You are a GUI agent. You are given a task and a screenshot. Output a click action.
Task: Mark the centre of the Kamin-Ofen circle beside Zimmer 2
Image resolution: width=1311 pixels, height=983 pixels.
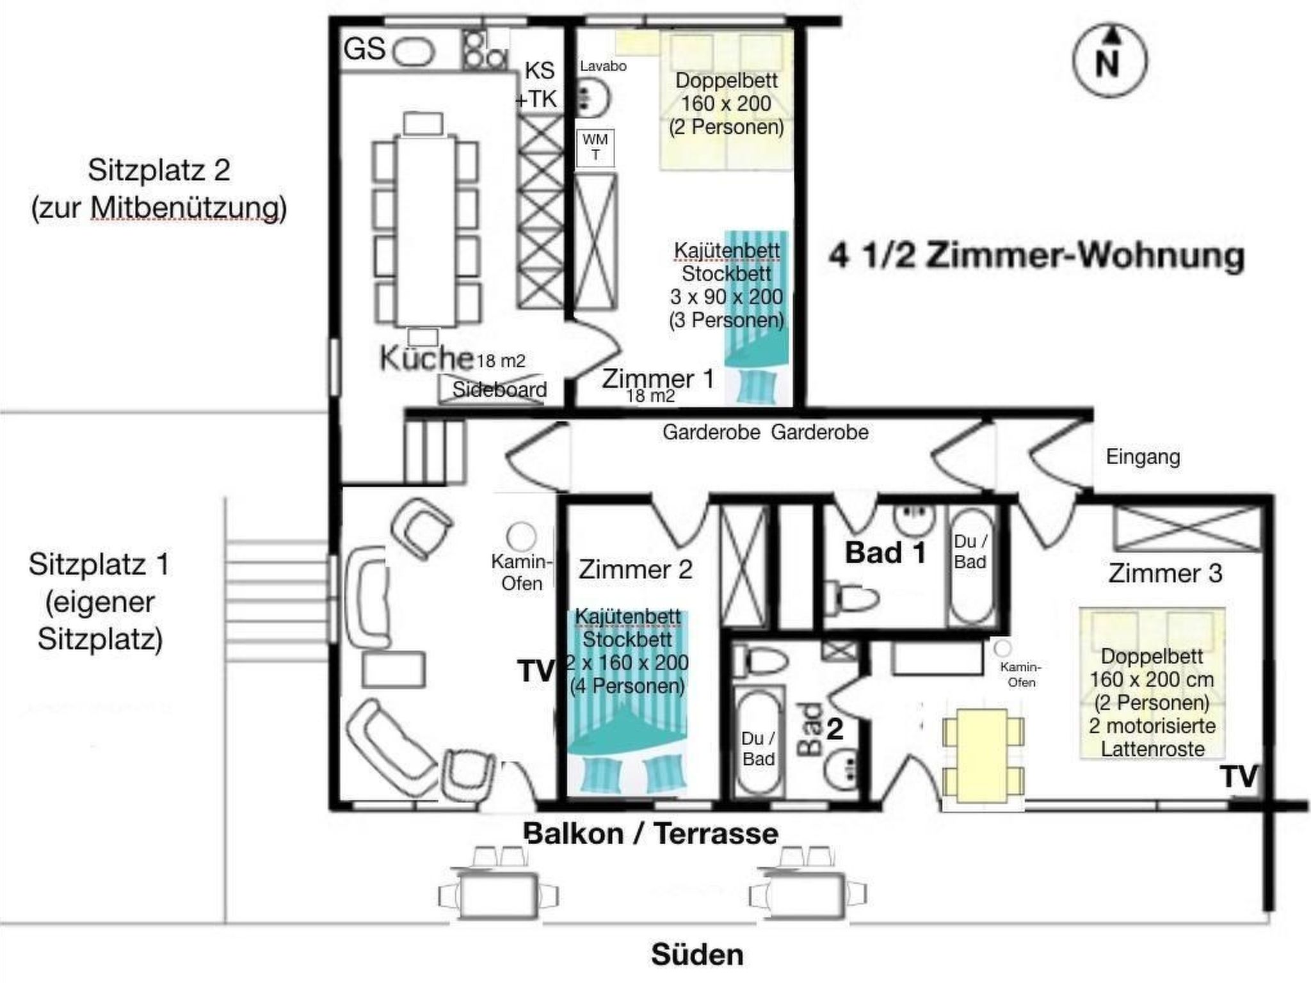521,535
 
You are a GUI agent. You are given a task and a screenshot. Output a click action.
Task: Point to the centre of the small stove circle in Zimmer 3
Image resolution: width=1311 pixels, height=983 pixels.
1002,648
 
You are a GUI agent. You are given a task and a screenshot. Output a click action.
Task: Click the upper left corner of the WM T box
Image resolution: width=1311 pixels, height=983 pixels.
577,130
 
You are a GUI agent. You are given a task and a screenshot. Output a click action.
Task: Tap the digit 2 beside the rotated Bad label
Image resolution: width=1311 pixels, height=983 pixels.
835,729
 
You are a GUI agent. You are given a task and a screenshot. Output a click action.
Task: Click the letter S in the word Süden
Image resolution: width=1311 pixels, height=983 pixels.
661,955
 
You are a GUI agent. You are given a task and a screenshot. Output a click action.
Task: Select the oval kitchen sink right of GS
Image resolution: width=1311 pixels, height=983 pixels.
414,52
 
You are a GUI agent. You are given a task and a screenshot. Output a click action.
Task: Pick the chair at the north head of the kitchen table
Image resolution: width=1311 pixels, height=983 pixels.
423,123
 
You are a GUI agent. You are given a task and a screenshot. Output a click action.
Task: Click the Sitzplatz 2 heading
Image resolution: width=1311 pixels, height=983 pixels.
159,170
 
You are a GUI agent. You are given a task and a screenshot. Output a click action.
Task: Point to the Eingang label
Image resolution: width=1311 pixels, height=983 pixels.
1143,457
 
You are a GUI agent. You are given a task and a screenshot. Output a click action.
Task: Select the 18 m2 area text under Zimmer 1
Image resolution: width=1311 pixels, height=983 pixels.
650,396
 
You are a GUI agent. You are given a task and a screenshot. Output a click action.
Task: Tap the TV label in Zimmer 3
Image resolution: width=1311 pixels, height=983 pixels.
1239,777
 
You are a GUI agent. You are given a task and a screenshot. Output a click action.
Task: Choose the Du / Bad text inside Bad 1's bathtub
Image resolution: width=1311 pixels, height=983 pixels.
970,552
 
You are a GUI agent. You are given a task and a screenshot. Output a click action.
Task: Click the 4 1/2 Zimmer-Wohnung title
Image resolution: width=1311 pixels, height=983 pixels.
1036,257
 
